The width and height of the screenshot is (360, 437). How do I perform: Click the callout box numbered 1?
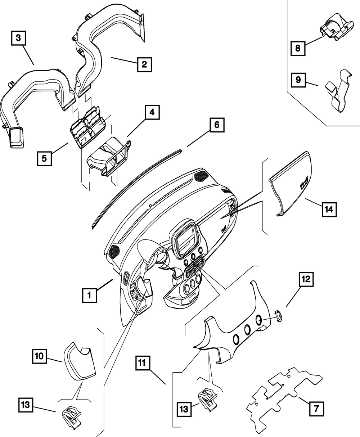89,295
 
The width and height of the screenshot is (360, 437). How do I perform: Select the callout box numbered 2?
144,64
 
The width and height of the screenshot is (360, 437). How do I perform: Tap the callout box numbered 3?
18,38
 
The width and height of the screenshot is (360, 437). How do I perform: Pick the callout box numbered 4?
152,112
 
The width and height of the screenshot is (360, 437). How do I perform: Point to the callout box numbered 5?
44,159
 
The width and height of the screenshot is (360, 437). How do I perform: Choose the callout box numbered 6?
217,125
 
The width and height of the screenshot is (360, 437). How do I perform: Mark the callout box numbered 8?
298,48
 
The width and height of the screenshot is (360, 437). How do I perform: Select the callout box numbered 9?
298,80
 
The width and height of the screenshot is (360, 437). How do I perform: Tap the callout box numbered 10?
39,356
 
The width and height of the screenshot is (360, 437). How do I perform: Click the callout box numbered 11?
143,363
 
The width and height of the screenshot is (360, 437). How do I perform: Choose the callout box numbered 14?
329,210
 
